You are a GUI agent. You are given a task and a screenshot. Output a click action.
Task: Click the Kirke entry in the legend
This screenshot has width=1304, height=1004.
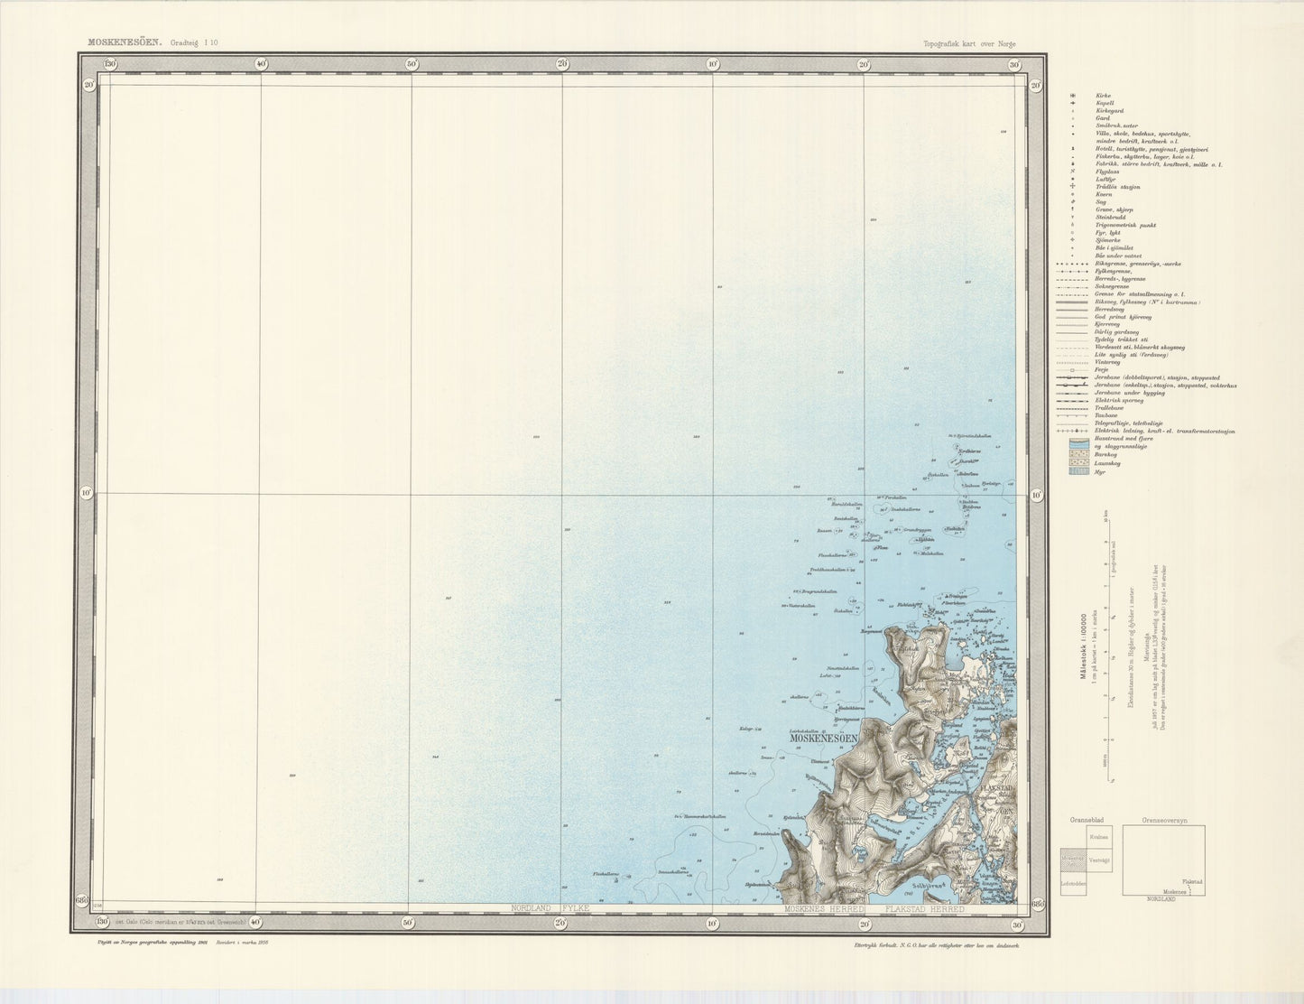point(1103,96)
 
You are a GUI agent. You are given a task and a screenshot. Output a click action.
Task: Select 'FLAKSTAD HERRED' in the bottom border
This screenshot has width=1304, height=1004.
point(924,908)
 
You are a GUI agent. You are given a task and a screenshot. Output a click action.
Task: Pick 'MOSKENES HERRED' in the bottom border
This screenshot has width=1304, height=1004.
point(824,908)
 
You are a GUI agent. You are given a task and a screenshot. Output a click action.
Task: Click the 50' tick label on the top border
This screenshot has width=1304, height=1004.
point(411,64)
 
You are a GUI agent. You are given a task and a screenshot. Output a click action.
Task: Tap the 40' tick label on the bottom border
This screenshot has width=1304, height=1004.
point(259,922)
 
